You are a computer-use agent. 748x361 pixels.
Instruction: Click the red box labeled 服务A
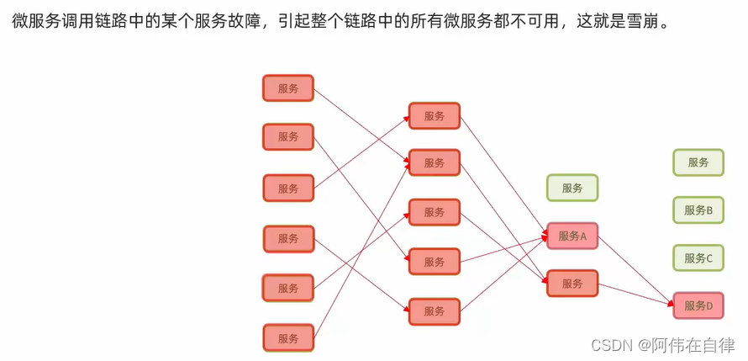click(572, 236)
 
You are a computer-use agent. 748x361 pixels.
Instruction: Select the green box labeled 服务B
click(698, 210)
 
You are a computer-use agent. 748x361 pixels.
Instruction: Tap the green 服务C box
click(698, 258)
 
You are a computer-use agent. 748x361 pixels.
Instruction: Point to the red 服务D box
click(698, 305)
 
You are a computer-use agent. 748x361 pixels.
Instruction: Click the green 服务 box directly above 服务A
click(572, 188)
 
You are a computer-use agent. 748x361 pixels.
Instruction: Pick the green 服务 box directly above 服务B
click(698, 162)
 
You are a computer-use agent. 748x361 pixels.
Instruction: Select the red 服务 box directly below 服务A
click(572, 284)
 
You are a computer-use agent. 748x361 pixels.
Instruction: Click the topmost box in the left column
click(287, 88)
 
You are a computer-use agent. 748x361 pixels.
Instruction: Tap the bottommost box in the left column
click(287, 337)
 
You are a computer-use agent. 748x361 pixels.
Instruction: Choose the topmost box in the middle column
click(434, 116)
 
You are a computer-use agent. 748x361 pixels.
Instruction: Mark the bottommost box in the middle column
click(434, 311)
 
